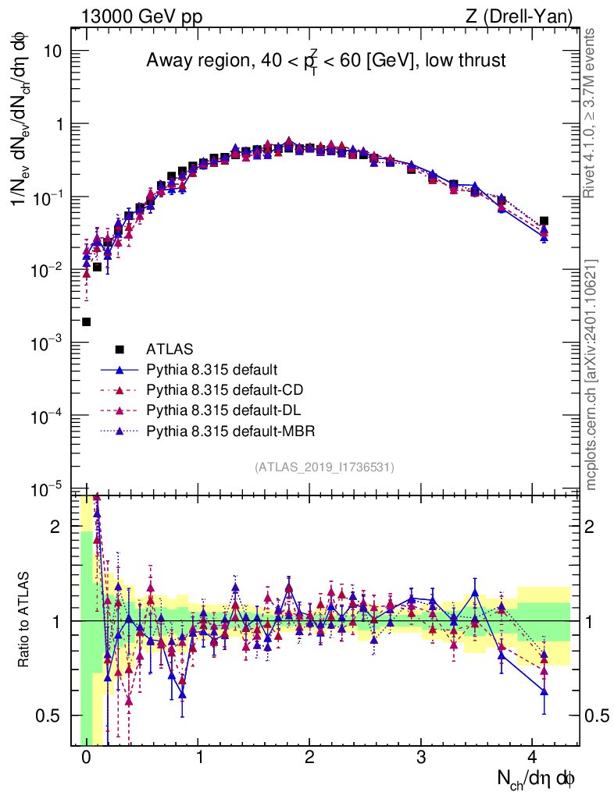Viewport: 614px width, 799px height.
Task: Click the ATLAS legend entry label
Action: click(x=170, y=349)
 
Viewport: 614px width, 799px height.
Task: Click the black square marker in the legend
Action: click(x=120, y=349)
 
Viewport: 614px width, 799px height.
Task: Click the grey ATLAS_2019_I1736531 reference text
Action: click(x=323, y=467)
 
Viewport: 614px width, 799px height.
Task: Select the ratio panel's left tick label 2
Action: click(x=56, y=527)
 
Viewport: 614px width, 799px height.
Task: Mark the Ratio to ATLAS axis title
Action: click(x=26, y=620)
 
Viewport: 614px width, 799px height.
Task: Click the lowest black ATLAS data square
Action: click(x=86, y=321)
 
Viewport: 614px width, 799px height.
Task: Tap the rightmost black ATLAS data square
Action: click(x=544, y=222)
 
